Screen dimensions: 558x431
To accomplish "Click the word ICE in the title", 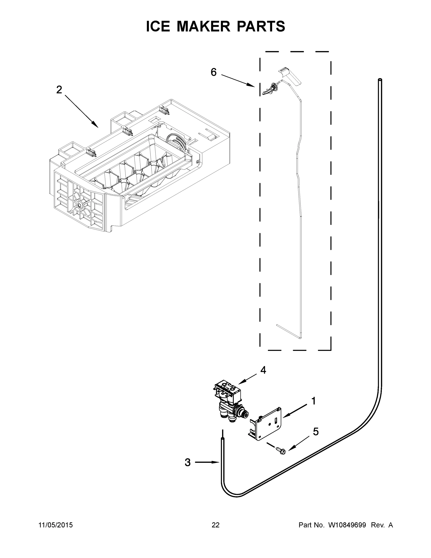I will click(x=158, y=26).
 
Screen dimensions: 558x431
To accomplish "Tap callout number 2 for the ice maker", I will click(x=59, y=90).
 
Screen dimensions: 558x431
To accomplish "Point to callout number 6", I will click(x=214, y=72).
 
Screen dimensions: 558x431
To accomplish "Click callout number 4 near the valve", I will click(x=263, y=370).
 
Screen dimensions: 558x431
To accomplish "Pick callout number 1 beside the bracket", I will click(x=313, y=401).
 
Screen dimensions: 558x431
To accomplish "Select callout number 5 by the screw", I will click(x=316, y=432).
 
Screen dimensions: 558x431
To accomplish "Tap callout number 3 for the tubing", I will click(x=188, y=462).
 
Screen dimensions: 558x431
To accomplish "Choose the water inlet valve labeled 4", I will click(x=229, y=401).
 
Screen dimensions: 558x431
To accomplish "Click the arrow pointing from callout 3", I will click(x=207, y=462).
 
